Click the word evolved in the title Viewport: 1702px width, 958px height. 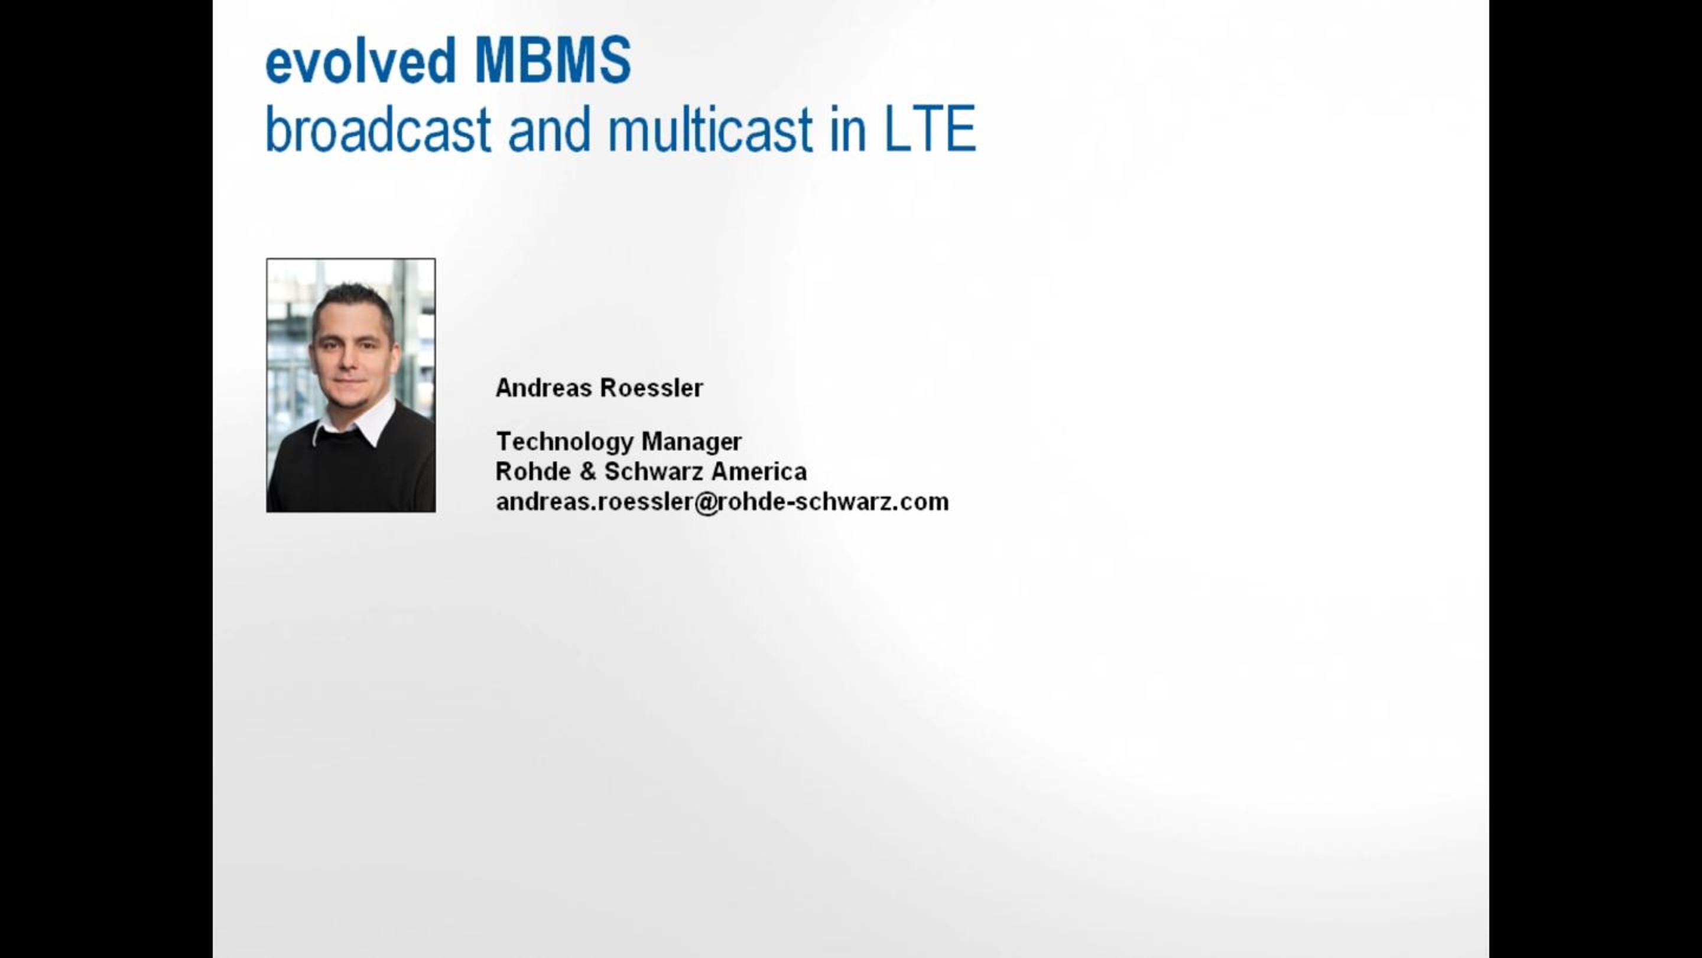coord(360,61)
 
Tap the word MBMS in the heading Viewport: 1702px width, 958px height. coord(553,61)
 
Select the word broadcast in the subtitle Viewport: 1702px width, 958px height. coord(377,130)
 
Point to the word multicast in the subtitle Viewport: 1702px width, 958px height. coord(710,130)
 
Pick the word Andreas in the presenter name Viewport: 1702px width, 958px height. coord(543,388)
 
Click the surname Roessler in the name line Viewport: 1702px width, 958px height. coord(651,388)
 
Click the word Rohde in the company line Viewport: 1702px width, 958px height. coord(532,472)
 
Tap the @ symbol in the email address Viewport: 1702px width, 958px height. coord(706,503)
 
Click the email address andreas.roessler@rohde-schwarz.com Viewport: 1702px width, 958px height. coord(722,503)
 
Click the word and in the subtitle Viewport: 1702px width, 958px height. coord(548,130)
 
